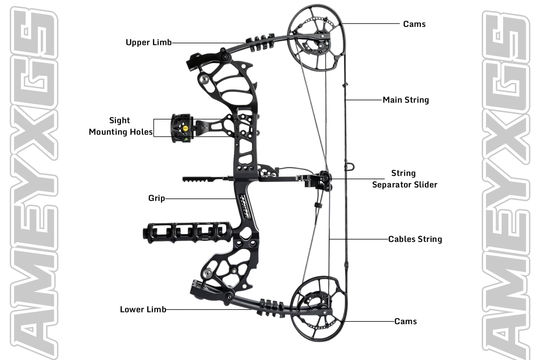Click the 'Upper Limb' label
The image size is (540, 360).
pos(148,42)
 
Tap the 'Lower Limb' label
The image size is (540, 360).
pos(143,310)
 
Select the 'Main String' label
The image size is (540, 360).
pos(406,100)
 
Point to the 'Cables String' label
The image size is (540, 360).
pos(415,239)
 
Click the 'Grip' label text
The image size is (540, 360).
pos(157,198)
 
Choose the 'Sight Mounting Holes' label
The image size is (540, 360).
pos(121,126)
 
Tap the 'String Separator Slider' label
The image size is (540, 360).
pos(404,179)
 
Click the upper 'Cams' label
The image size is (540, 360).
pos(414,24)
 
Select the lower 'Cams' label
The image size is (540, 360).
pos(406,321)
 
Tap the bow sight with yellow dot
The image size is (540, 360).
pos(182,129)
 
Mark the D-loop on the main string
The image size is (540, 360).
pos(350,166)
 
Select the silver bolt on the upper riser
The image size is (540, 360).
pos(203,79)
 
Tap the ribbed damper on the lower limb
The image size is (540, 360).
pos(271,307)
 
